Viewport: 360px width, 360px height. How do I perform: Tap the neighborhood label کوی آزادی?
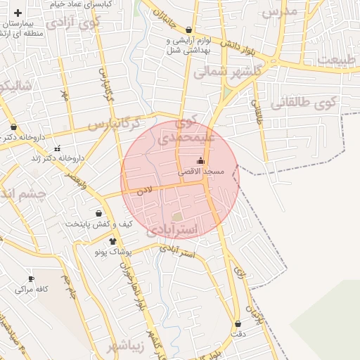tap(74, 22)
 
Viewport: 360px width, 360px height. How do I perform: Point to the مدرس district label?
tap(280, 11)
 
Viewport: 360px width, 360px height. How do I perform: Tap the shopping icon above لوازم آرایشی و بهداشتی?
tap(189, 30)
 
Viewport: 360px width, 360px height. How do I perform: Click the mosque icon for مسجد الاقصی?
tap(201, 161)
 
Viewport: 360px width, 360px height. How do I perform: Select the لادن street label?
tap(145, 189)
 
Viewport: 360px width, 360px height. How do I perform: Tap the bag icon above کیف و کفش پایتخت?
tap(98, 213)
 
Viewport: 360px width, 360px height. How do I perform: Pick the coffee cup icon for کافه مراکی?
tap(31, 278)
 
